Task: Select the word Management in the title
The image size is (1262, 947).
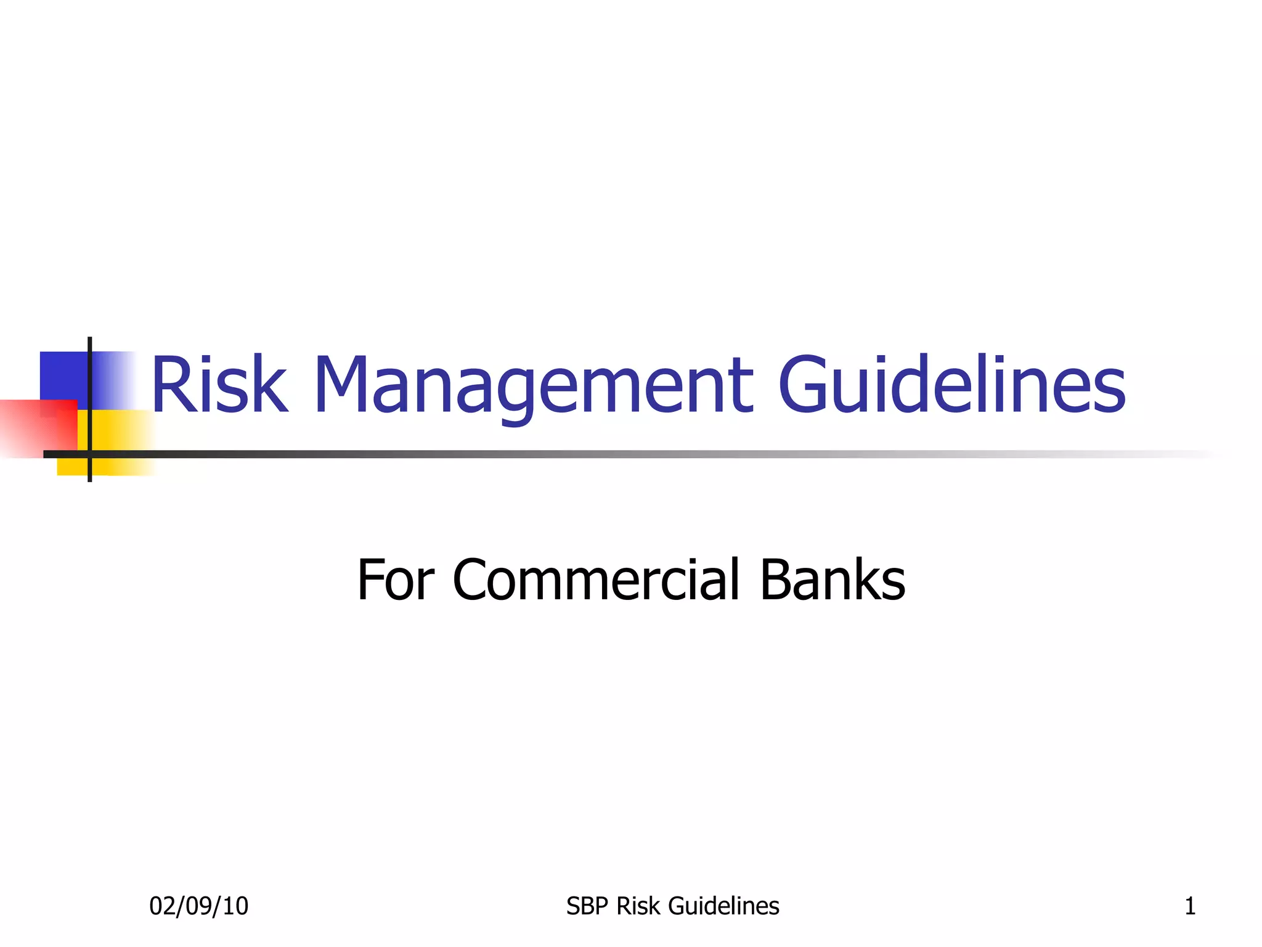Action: (534, 385)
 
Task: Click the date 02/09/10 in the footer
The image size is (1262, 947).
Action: (198, 906)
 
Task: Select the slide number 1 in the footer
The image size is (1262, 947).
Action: (1190, 906)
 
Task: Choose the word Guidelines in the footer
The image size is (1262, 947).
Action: (723, 906)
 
